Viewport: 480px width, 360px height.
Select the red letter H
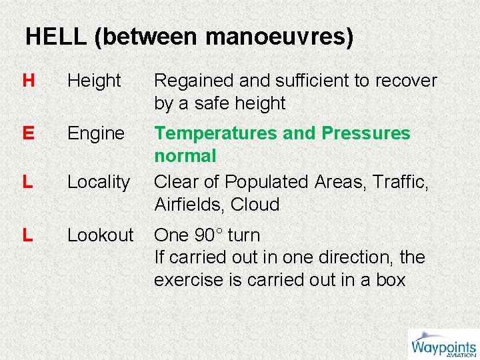click(x=28, y=81)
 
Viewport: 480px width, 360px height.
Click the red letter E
click(x=28, y=133)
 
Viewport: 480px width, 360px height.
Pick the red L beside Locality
click(x=27, y=182)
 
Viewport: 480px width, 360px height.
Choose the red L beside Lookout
click(x=27, y=235)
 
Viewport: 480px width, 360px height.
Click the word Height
click(x=94, y=81)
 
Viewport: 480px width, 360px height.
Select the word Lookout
click(x=101, y=235)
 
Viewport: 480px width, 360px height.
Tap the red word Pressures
click(x=366, y=133)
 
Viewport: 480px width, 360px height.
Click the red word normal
click(x=185, y=156)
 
